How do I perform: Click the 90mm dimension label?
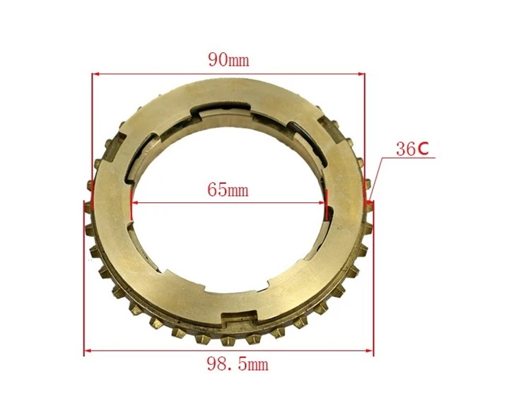coord(229,60)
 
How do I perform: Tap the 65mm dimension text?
coord(228,190)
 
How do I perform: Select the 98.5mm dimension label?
coord(238,363)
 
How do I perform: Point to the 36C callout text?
coord(412,149)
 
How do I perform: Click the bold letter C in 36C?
coord(423,149)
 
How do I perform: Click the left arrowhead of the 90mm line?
coord(95,74)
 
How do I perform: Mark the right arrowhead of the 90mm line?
coord(361,74)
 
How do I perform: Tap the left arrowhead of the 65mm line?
coord(134,203)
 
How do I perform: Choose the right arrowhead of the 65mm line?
coord(322,203)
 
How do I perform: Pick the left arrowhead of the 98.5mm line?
coord(88,351)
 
